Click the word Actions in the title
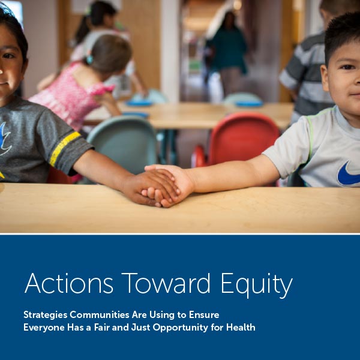(x=69, y=283)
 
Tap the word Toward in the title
(x=166, y=283)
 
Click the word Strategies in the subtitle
(x=46, y=315)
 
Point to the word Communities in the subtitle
(x=100, y=314)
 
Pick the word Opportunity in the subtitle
(x=181, y=328)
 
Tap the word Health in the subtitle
(x=241, y=327)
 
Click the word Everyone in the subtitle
(x=44, y=328)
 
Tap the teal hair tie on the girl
(x=89, y=59)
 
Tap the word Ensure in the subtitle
(x=204, y=314)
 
